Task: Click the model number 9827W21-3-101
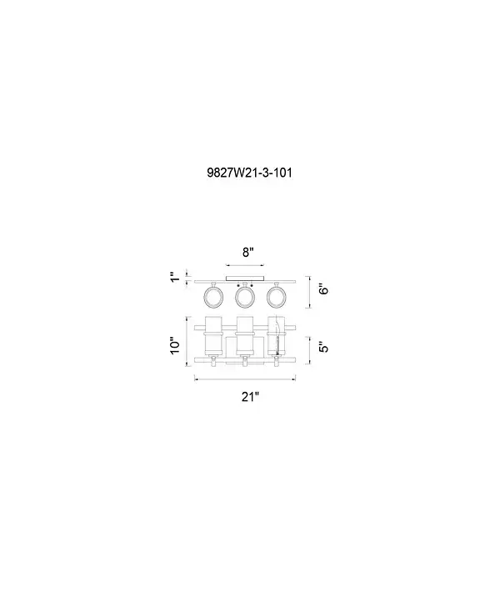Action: click(250, 173)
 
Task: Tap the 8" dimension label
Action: click(248, 253)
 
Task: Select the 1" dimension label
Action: click(175, 278)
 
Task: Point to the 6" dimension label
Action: click(323, 289)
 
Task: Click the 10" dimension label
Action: click(176, 345)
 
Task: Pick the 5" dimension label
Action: click(323, 347)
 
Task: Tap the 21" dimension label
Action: click(250, 397)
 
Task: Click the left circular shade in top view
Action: click(213, 298)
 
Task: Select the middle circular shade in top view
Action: click(245, 298)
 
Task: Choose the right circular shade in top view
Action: click(277, 298)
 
